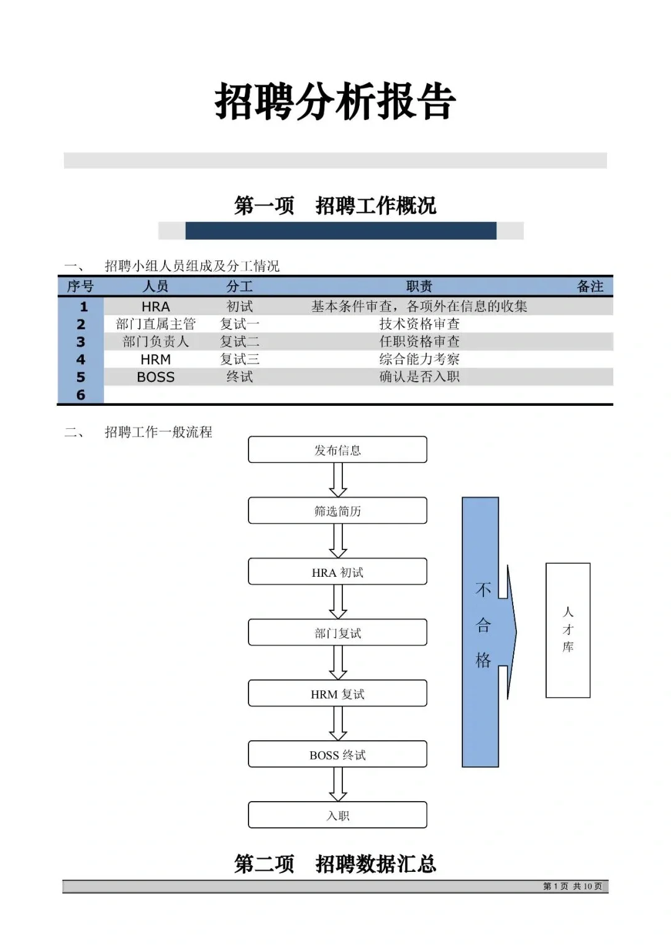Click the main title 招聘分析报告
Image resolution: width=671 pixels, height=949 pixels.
click(335, 102)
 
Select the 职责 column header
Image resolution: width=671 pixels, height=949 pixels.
click(419, 287)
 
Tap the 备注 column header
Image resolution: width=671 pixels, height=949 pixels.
click(590, 287)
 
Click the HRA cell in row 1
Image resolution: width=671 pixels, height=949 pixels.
click(155, 306)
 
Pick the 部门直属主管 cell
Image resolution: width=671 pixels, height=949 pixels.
click(155, 324)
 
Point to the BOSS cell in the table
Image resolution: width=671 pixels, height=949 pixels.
click(155, 377)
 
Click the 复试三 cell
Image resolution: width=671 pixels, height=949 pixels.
click(240, 359)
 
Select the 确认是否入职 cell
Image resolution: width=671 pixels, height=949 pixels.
click(419, 377)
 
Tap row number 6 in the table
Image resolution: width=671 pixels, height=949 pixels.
click(81, 395)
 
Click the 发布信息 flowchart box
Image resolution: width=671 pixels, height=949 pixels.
click(337, 450)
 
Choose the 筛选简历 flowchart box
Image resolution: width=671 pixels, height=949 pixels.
click(337, 511)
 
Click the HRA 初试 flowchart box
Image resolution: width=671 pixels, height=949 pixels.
click(337, 572)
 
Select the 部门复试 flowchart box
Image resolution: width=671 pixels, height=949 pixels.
click(337, 633)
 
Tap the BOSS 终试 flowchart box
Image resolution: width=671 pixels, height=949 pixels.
click(337, 754)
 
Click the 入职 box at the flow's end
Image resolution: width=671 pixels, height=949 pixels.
click(337, 815)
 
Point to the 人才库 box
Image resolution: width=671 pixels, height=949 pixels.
click(568, 630)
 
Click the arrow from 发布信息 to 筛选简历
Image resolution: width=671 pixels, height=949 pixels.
click(337, 480)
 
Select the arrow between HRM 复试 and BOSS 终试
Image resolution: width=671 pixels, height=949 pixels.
click(337, 723)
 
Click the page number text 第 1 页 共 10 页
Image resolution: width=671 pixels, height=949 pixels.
click(572, 886)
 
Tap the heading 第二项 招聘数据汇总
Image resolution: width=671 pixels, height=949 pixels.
click(335, 864)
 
